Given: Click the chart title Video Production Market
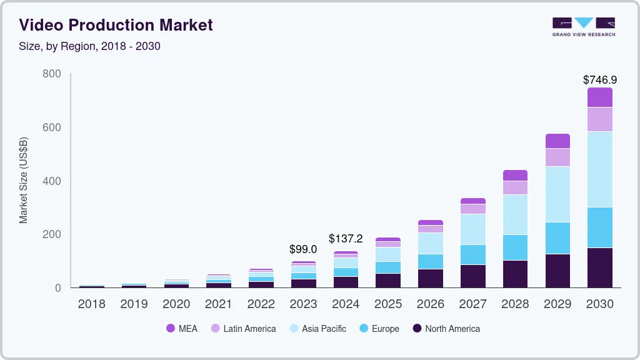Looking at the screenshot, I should (116, 25).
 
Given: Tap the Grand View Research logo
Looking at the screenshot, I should (583, 27).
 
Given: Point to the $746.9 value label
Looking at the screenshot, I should (599, 80).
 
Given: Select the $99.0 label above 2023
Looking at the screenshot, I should (303, 249).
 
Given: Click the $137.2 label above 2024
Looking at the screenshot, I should (346, 239).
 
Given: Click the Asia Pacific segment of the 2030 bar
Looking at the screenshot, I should (599, 169).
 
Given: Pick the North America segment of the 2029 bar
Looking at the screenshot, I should (557, 271).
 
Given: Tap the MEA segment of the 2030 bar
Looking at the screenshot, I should (599, 97).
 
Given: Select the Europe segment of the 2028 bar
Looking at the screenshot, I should (515, 247).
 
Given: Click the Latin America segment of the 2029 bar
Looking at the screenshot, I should (557, 157).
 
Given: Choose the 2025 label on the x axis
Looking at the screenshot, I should (387, 304).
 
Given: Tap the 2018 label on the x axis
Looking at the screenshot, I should (91, 304).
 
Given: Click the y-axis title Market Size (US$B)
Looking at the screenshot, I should (24, 181).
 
